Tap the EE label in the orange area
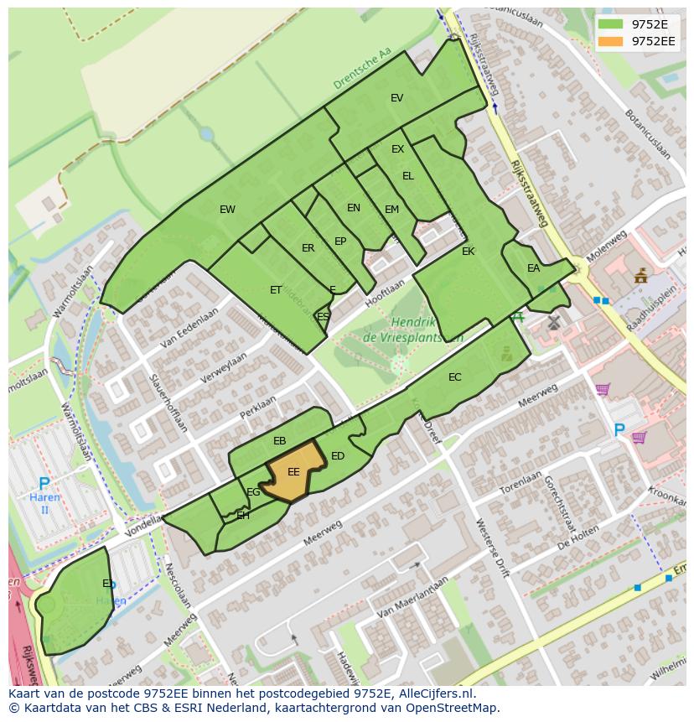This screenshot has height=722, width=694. [293, 472]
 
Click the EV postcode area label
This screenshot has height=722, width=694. [397, 98]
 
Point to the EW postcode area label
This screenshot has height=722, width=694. [227, 210]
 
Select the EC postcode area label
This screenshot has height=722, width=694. [454, 377]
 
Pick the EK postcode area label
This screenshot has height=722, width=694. [468, 252]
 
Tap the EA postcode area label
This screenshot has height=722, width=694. [533, 268]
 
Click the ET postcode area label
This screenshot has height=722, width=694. [276, 290]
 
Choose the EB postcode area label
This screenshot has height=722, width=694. [280, 441]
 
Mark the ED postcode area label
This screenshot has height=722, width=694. [338, 456]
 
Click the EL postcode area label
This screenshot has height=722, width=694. [408, 176]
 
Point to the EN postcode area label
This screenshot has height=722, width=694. [354, 208]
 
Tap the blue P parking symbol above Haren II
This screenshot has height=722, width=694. [44, 484]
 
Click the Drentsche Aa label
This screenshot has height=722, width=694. [362, 69]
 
